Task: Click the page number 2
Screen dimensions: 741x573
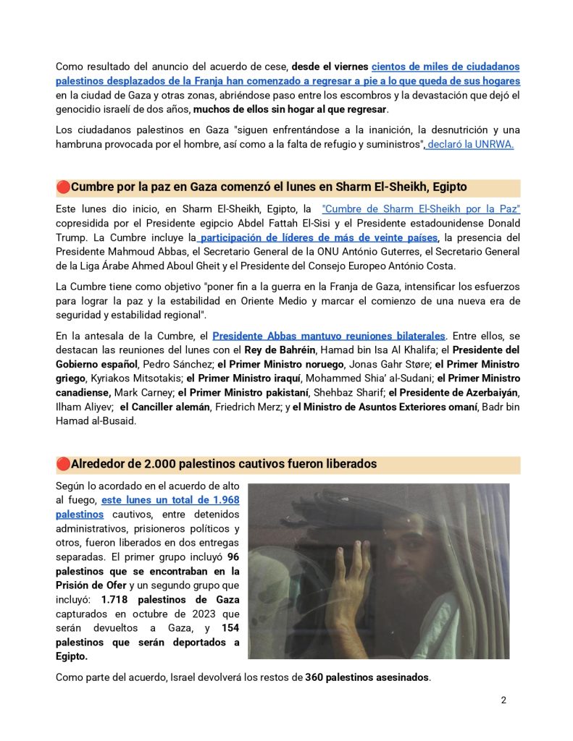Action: (503, 700)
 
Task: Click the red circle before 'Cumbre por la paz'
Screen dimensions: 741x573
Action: (63, 187)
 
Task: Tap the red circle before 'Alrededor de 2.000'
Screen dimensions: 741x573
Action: (63, 463)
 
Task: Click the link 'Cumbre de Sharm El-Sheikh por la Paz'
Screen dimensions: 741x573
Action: (421, 209)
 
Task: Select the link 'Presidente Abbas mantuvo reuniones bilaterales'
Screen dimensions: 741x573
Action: (330, 336)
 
